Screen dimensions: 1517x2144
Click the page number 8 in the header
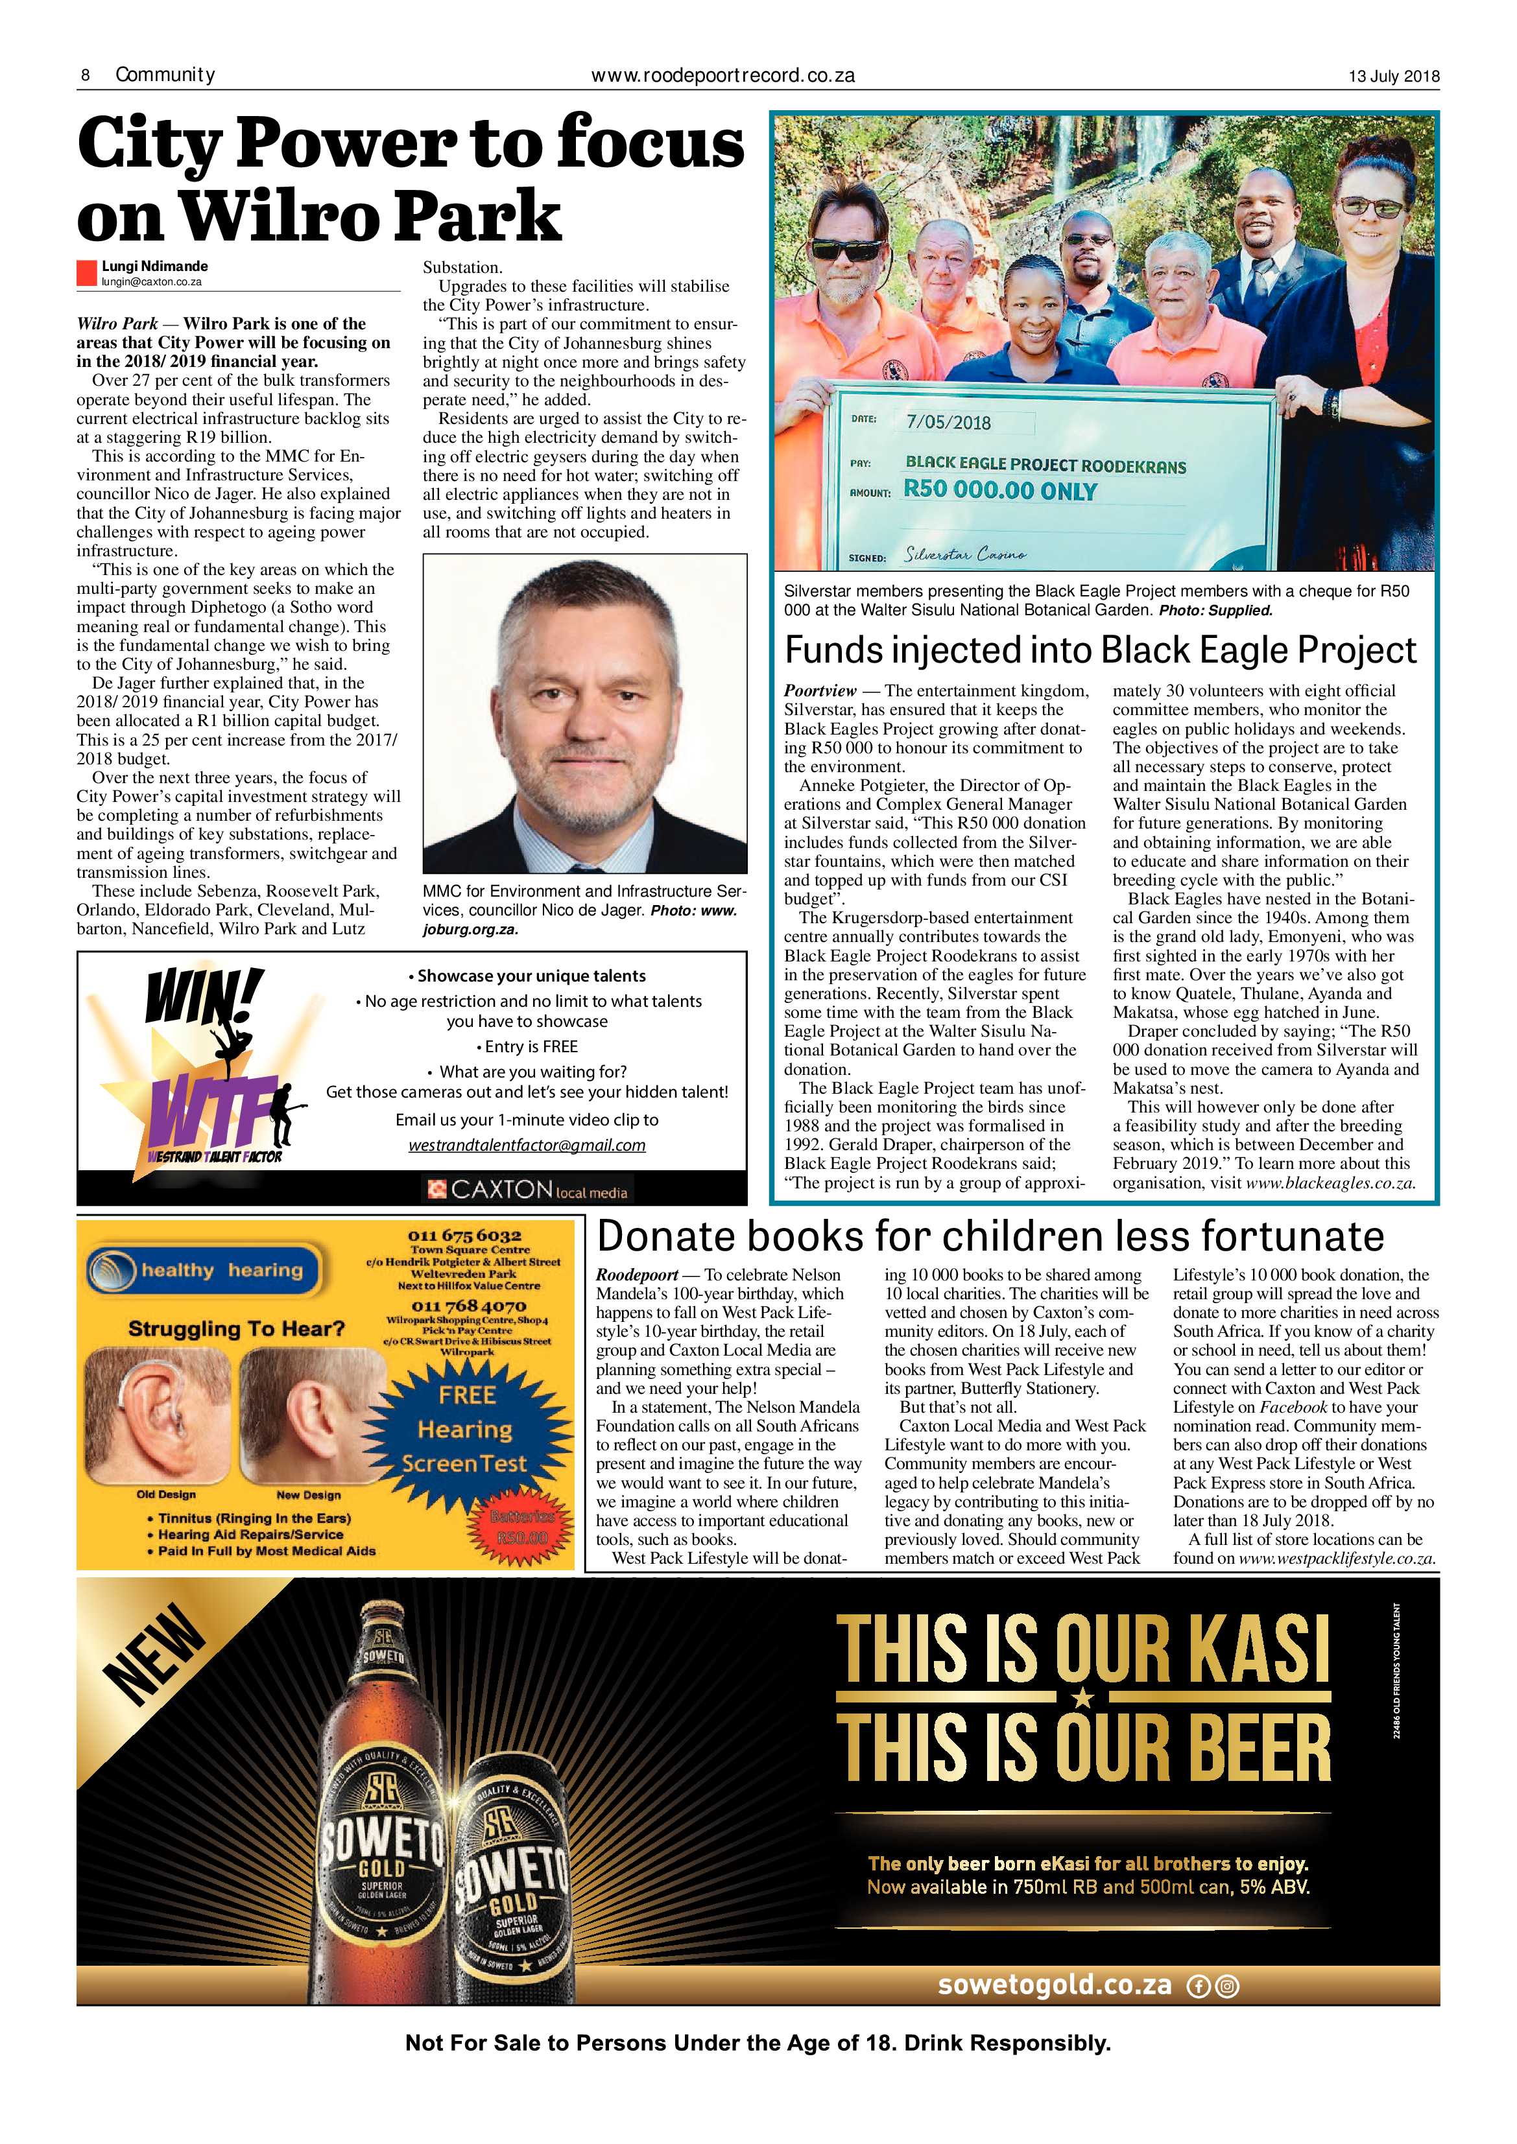(x=85, y=75)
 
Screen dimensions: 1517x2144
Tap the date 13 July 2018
(x=1394, y=77)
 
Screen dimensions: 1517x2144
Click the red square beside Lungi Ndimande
(x=87, y=273)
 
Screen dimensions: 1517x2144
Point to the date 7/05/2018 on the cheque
(x=948, y=422)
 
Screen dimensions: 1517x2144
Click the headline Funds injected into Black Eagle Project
(x=1101, y=650)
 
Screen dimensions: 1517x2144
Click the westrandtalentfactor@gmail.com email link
(x=527, y=1145)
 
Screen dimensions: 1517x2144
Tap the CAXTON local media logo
(x=528, y=1190)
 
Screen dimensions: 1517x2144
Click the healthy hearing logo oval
(x=203, y=1270)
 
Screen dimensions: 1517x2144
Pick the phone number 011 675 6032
(x=464, y=1236)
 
